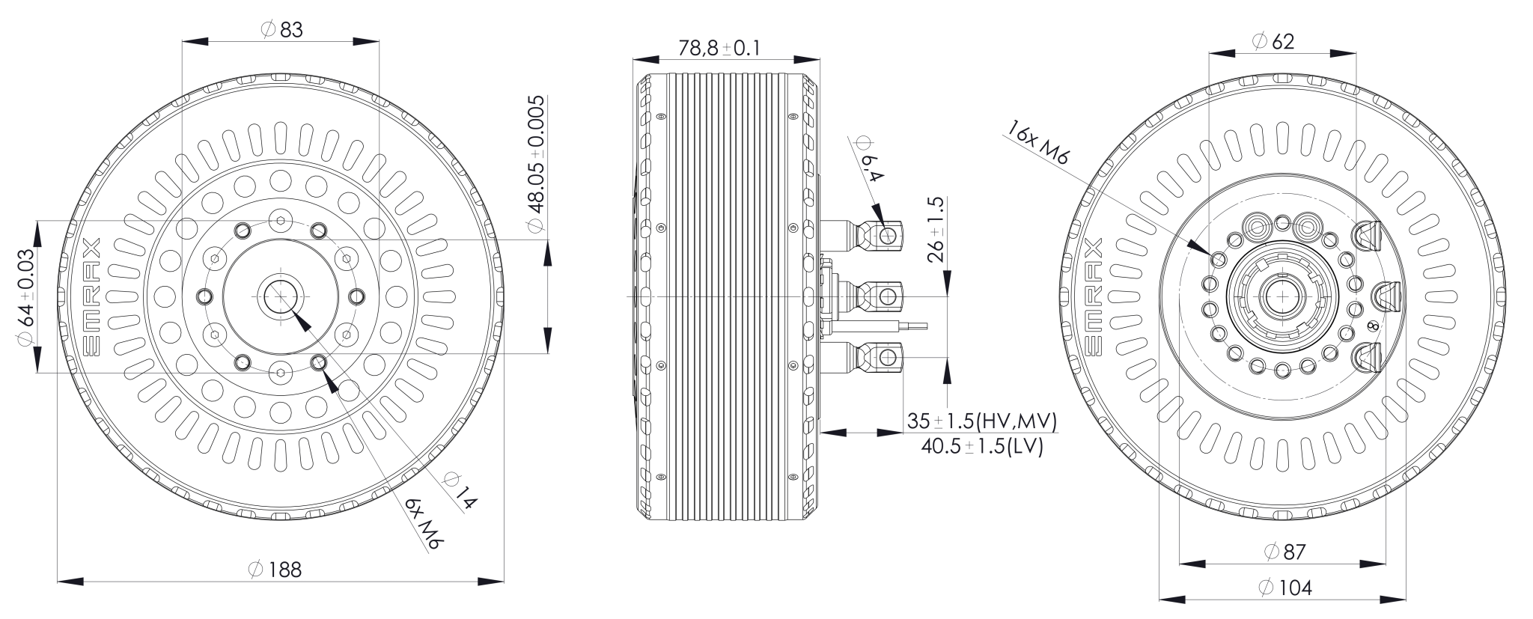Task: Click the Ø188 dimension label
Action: coord(275,570)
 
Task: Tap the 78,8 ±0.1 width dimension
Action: coord(719,48)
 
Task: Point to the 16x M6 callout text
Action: coord(1039,141)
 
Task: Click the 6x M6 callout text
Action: coord(421,523)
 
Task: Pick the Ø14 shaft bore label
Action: coord(459,491)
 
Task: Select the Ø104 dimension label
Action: coord(1284,588)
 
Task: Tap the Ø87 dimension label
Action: coord(1284,552)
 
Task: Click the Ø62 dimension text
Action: coord(1273,41)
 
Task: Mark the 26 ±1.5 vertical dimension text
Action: coord(936,230)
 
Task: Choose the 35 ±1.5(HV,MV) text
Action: coord(981,421)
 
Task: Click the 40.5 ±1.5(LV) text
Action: coord(981,447)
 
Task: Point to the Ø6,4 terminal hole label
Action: coord(868,160)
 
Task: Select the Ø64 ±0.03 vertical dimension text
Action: coord(25,296)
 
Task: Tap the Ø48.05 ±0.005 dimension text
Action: coord(536,165)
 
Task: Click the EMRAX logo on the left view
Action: coord(91,296)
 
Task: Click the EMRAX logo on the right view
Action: coord(1092,296)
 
